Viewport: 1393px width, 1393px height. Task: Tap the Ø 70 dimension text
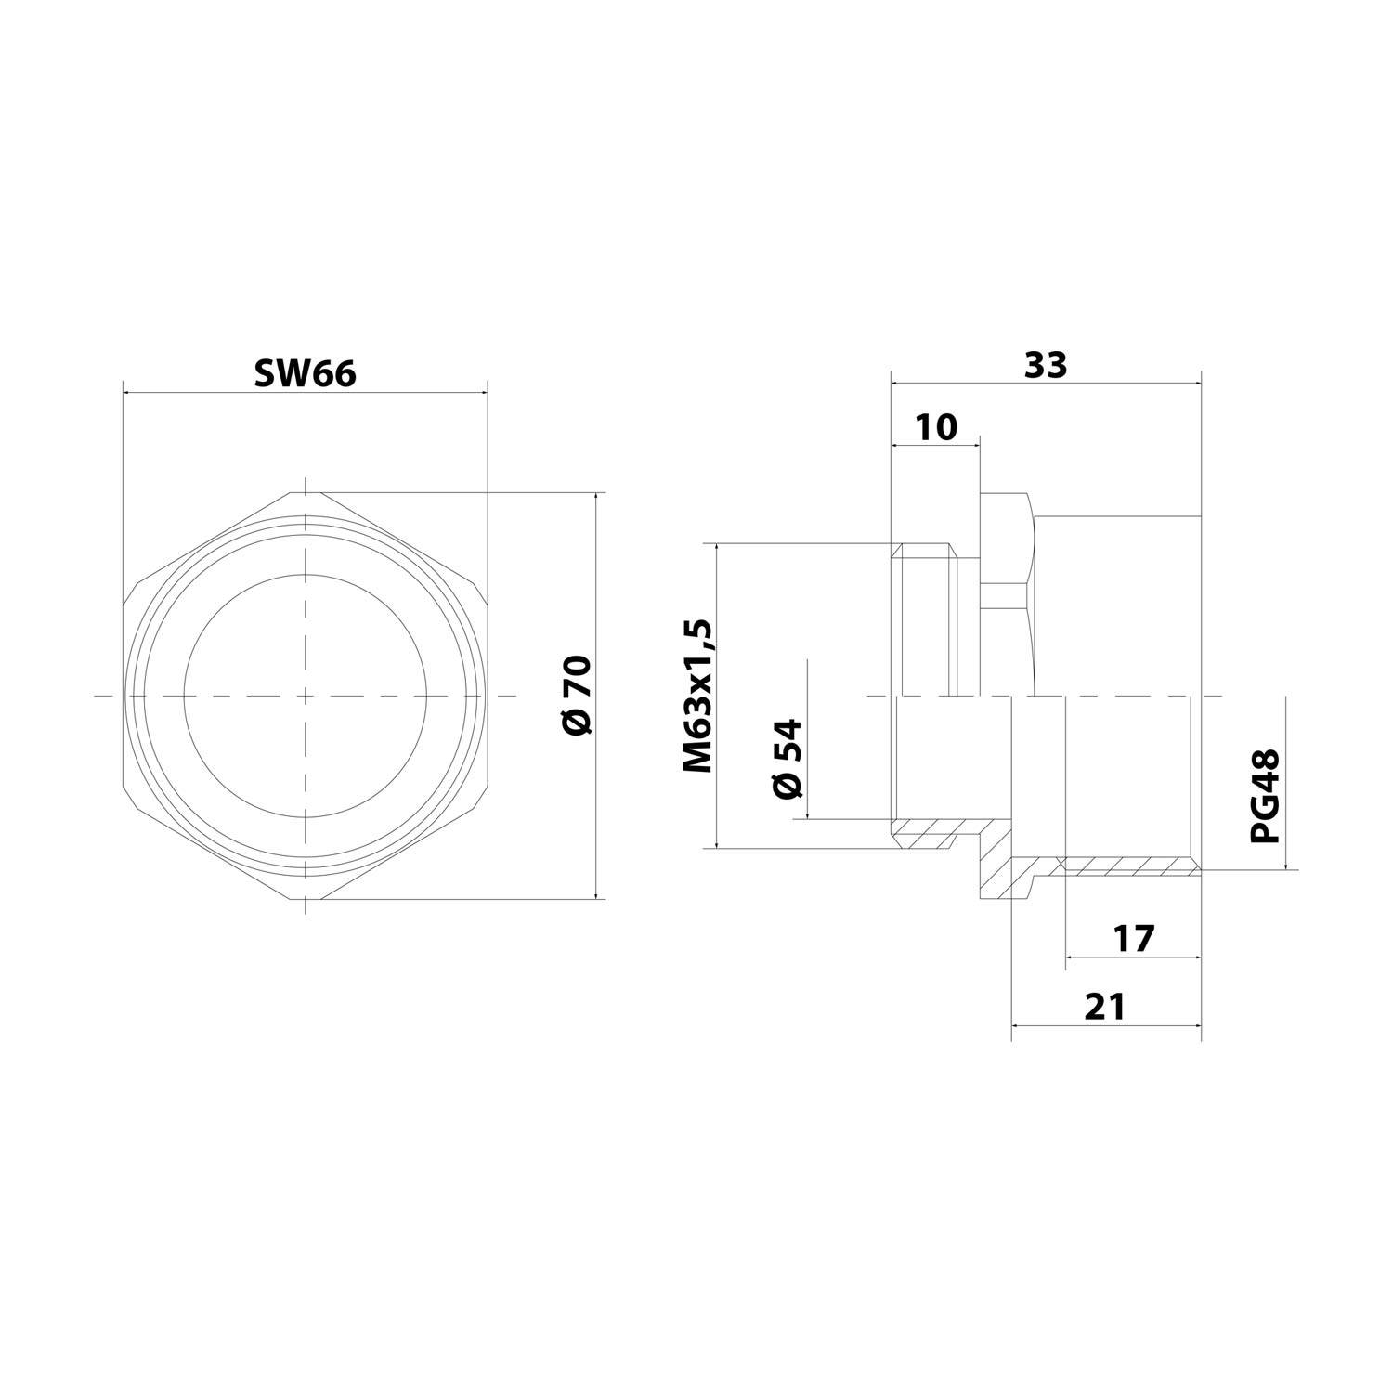[x=577, y=696]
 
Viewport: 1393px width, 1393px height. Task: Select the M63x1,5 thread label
[x=698, y=696]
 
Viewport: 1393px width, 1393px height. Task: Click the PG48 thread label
[x=1265, y=796]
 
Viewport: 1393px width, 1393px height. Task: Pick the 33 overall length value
[x=1046, y=365]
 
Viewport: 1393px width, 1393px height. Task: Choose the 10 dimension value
[x=935, y=427]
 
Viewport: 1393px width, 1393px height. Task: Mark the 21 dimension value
[x=1105, y=1006]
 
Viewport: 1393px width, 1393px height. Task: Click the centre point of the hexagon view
[x=305, y=696]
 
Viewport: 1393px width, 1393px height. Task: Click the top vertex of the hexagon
[x=305, y=491]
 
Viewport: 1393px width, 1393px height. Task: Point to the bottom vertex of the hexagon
[x=305, y=899]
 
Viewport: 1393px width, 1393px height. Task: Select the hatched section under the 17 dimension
[x=1128, y=866]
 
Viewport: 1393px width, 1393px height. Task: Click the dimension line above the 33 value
[x=1046, y=382]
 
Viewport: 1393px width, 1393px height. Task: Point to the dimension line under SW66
[x=305, y=392]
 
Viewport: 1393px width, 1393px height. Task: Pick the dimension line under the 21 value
[x=1105, y=1026]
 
